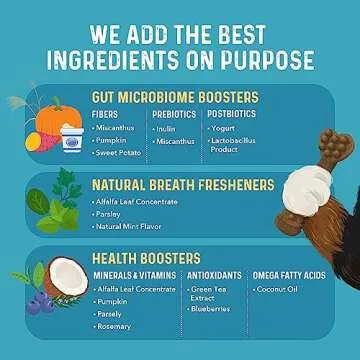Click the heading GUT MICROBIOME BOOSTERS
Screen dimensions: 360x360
click(174, 97)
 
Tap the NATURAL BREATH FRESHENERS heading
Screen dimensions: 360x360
click(181, 184)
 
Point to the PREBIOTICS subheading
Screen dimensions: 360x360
click(173, 114)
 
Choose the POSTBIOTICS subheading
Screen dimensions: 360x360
click(232, 114)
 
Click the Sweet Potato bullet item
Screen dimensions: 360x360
click(122, 154)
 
